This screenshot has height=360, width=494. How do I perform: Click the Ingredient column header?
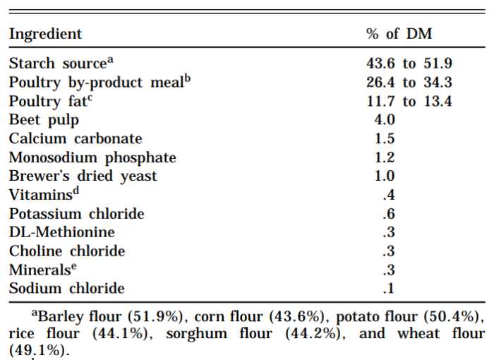[x=45, y=34]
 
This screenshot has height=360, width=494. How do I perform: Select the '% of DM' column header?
[x=399, y=34]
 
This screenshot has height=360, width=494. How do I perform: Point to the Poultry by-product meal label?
[x=100, y=82]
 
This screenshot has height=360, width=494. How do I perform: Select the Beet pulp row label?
[x=44, y=120]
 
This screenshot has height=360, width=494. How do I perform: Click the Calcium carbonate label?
[x=76, y=138]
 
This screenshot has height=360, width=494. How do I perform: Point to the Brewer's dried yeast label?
[x=83, y=176]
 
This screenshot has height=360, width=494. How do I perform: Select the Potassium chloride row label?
[x=76, y=213]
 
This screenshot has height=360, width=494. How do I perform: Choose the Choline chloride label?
[x=67, y=251]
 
